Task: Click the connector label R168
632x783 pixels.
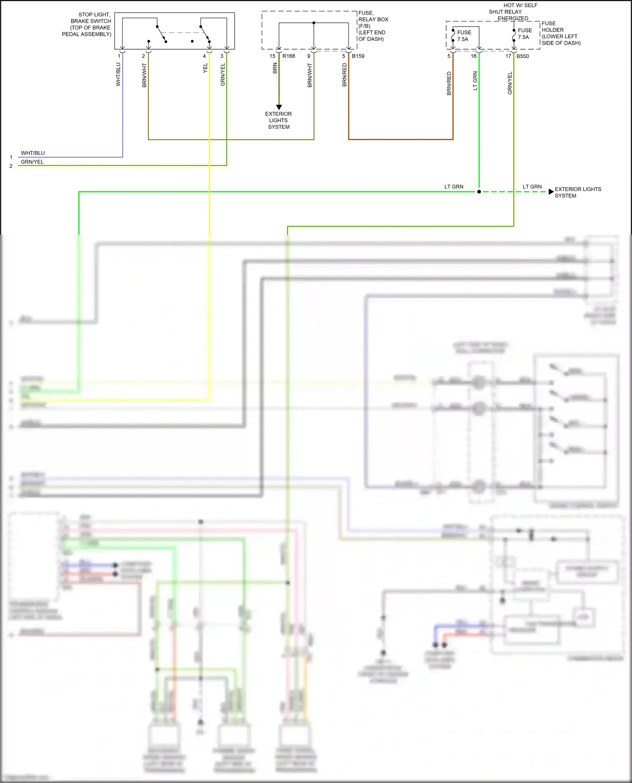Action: click(x=289, y=56)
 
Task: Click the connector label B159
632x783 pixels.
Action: click(x=358, y=56)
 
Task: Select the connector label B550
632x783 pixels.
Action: click(x=522, y=56)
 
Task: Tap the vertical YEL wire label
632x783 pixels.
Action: click(x=205, y=68)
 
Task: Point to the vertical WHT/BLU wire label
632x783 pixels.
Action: click(x=118, y=74)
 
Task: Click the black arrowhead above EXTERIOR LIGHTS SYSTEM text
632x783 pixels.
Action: click(x=279, y=107)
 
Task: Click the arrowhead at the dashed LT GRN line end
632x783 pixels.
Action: click(x=551, y=192)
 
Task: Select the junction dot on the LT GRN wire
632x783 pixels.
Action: click(x=479, y=192)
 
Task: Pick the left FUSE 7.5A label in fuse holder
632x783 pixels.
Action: click(x=464, y=36)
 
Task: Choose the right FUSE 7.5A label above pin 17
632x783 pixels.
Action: click(x=525, y=34)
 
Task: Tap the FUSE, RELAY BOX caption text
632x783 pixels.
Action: click(x=372, y=26)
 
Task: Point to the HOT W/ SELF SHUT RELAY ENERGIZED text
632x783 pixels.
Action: click(x=513, y=12)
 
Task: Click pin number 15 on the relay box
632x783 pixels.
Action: click(x=272, y=56)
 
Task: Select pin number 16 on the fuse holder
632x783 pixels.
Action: click(x=474, y=56)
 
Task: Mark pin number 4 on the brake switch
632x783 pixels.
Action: click(x=204, y=56)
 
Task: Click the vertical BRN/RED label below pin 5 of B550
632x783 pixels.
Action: click(x=449, y=83)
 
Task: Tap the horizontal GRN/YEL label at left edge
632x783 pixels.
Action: click(x=32, y=162)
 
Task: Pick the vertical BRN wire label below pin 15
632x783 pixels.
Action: click(x=275, y=68)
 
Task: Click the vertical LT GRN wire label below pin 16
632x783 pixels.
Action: click(x=475, y=81)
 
